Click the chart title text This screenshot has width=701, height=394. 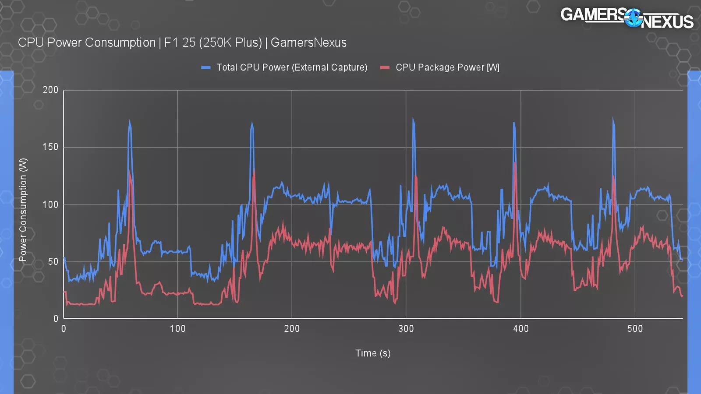tap(182, 42)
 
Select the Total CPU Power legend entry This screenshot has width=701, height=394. tap(291, 67)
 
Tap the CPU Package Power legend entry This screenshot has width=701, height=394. tap(447, 67)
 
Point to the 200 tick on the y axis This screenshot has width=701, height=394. tap(50, 90)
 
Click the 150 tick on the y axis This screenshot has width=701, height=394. tap(50, 147)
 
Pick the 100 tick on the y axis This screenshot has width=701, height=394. tap(50, 204)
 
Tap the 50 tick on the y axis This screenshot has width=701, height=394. tap(53, 261)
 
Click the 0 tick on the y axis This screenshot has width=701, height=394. tap(56, 318)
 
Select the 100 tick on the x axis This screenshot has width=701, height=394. tap(177, 329)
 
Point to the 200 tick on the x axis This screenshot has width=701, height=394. tap(292, 329)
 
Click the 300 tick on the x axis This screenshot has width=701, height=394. tap(406, 329)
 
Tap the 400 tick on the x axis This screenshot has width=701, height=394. tap(520, 329)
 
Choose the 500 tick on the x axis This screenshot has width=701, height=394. tap(635, 329)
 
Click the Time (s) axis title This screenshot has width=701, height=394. tap(372, 353)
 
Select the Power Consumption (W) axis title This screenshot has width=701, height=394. tap(23, 210)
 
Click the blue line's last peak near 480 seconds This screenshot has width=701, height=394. tap(613, 119)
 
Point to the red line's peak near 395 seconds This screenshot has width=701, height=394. tap(515, 163)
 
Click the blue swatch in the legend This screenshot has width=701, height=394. tap(205, 67)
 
